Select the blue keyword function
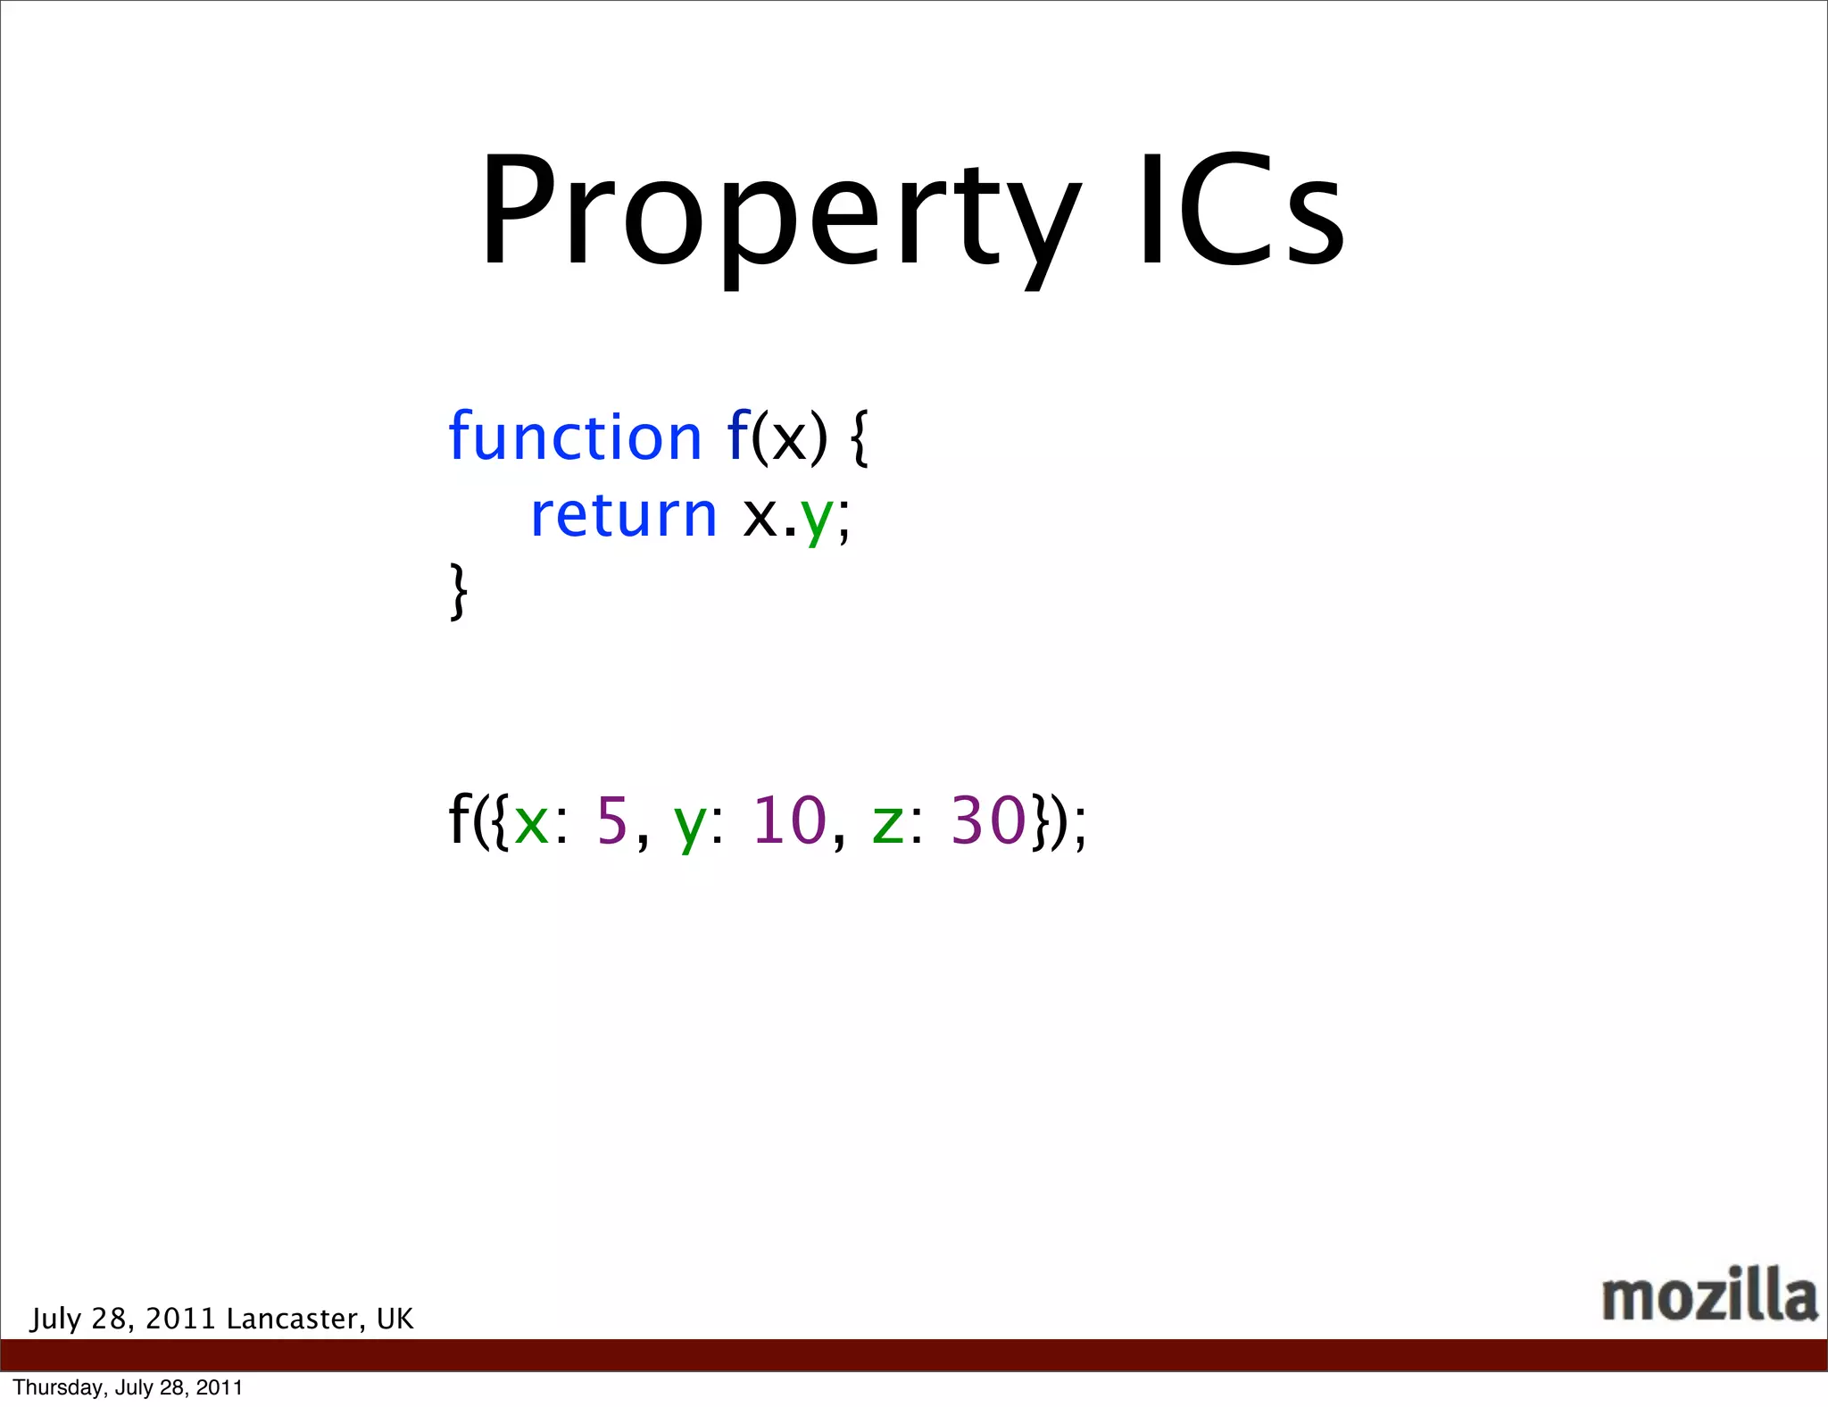pos(575,437)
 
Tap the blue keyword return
pos(623,515)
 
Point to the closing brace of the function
pos(458,590)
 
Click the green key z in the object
pos(888,822)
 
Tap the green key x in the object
pos(531,822)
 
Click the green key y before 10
pos(690,825)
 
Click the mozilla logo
pos(1709,1295)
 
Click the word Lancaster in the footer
pos(292,1319)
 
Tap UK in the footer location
pos(395,1319)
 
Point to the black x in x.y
pos(760,518)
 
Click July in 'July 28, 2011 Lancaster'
pos(56,1319)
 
